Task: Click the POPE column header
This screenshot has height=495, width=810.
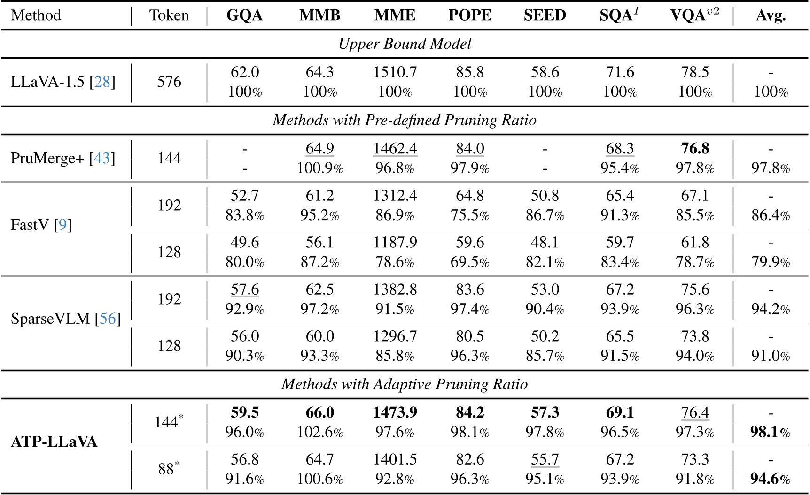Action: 470,15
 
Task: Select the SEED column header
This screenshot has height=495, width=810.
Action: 545,15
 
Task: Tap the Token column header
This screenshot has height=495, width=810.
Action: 169,15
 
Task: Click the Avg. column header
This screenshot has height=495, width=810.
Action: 771,15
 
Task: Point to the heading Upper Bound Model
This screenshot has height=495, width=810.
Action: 405,44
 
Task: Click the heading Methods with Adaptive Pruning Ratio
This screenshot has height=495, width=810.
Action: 405,384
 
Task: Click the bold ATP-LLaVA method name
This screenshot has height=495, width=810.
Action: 54,442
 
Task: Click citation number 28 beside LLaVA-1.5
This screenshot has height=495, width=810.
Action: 102,82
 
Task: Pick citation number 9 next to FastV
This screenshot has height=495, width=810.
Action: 62,225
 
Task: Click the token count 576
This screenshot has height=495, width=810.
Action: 169,82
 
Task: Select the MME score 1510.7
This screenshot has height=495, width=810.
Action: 395,72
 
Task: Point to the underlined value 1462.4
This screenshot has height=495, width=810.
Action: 395,149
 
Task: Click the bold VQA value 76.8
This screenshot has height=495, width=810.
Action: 695,149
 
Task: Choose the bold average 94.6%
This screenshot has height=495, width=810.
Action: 771,479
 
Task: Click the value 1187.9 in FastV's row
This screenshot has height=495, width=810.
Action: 395,243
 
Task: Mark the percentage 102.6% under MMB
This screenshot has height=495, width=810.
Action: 320,432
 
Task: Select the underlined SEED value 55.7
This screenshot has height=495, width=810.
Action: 545,460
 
